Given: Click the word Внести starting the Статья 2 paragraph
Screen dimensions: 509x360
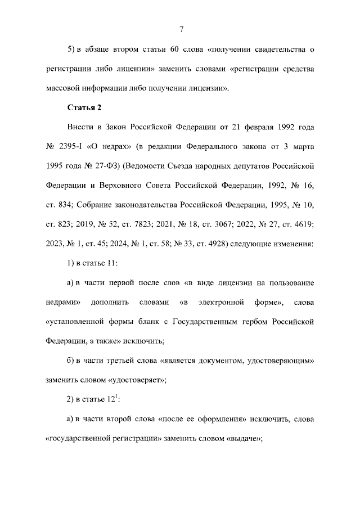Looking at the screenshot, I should coord(80,127).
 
